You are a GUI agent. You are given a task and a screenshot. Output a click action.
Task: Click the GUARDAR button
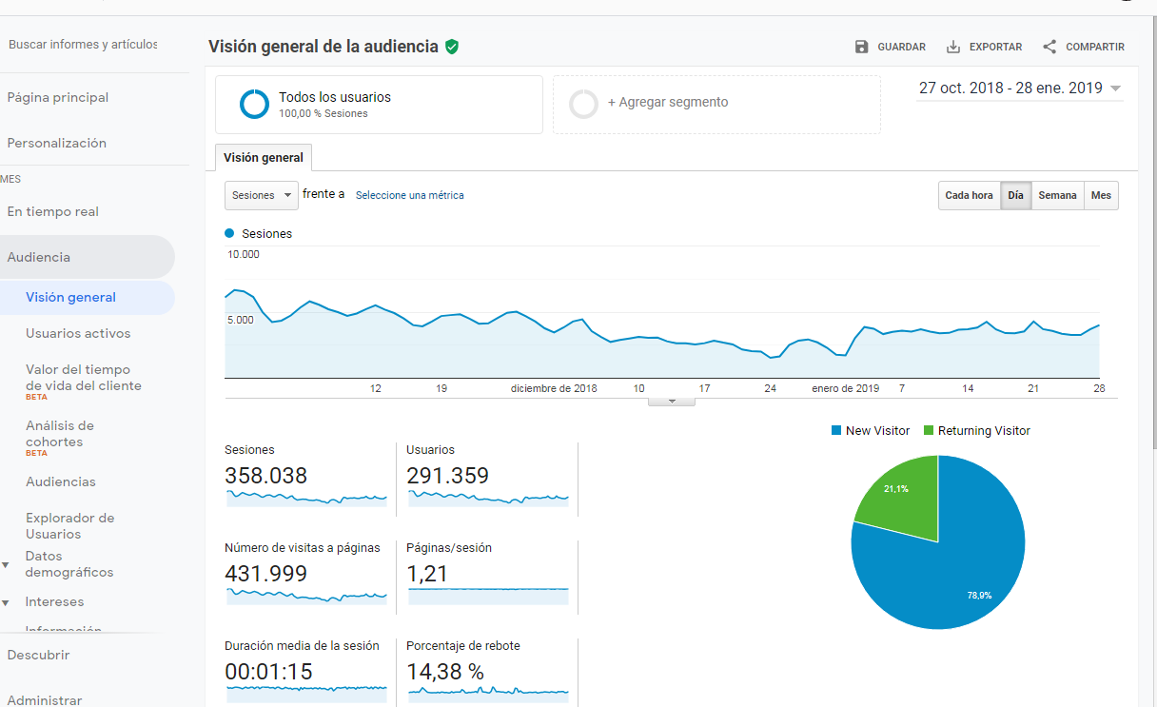pos(890,47)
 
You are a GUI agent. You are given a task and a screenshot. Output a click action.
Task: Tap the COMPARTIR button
pos(1083,47)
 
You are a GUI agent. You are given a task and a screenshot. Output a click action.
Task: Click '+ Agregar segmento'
pos(667,102)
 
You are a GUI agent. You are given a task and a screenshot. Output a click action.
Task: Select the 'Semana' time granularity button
pos(1057,195)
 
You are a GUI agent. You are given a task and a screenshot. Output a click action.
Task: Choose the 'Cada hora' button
pos(969,195)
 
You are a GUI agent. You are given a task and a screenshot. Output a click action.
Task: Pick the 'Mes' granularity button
pos(1101,195)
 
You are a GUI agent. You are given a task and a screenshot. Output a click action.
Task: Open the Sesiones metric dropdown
pos(262,195)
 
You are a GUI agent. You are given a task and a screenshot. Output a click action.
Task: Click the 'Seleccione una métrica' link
pos(409,195)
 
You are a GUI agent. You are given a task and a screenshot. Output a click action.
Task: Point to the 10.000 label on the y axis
pos(244,254)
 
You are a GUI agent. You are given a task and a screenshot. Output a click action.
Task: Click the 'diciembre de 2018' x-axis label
pos(554,388)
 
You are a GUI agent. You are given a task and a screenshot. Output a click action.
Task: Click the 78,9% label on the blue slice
pos(979,596)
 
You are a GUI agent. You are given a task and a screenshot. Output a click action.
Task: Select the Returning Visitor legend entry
pos(977,431)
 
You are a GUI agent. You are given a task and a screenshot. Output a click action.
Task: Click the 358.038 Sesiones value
pos(266,476)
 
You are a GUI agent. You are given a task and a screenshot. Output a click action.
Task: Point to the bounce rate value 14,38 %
pos(445,672)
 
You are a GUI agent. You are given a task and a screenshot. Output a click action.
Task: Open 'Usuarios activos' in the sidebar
pos(78,333)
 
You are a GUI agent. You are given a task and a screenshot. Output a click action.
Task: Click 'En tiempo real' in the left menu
pos(52,212)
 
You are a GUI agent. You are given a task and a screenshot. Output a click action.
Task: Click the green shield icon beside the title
pos(452,47)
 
